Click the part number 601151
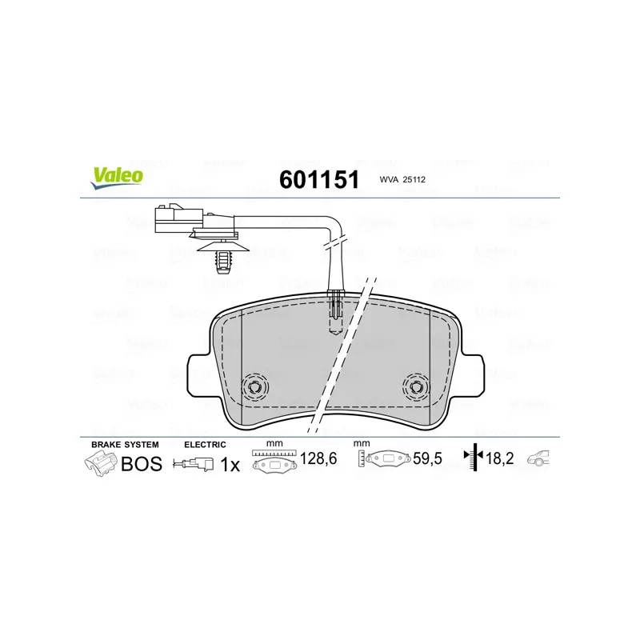pyautogui.click(x=319, y=179)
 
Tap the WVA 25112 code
pyautogui.click(x=402, y=179)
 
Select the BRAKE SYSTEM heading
pyautogui.click(x=125, y=445)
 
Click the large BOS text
pyautogui.click(x=142, y=464)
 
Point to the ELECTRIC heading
pyautogui.click(x=205, y=445)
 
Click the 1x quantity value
pyautogui.click(x=230, y=465)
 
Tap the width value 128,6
pyautogui.click(x=318, y=458)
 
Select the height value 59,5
pyautogui.click(x=427, y=458)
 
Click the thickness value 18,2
pyautogui.click(x=500, y=458)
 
